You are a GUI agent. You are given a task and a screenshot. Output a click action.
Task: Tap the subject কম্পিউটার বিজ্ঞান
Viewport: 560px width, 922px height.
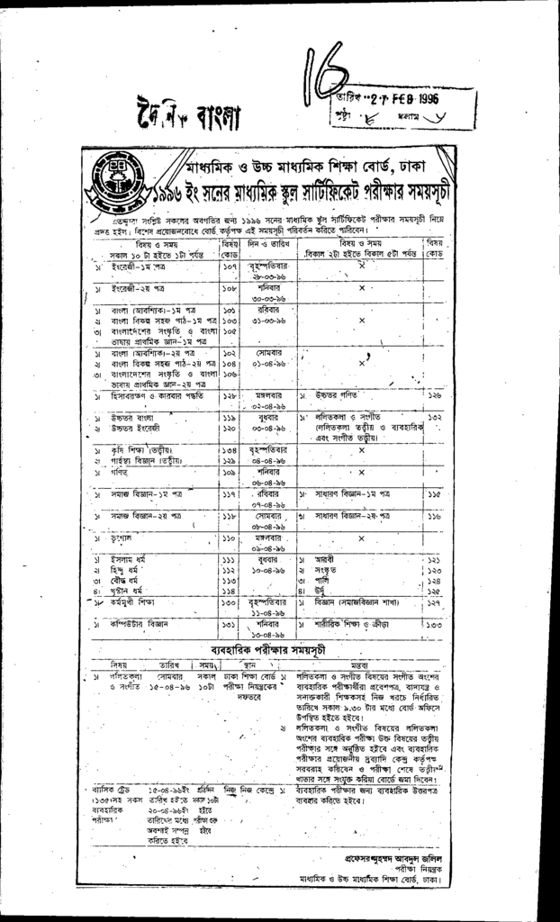(135, 622)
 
